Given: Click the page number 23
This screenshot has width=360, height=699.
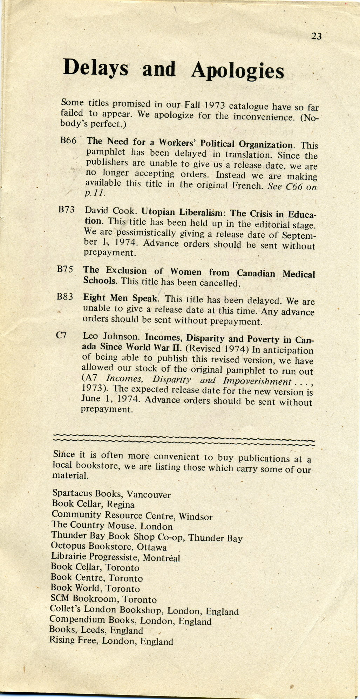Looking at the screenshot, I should (x=316, y=36).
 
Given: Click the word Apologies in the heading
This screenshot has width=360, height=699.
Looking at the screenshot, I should (x=237, y=70).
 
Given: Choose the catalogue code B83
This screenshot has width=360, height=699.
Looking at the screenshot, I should (x=64, y=297).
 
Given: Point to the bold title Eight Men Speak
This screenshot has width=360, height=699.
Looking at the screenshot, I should (x=121, y=298).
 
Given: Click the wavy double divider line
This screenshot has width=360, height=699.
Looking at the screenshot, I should (x=184, y=439).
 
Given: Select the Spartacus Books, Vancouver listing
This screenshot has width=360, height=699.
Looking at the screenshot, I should (x=111, y=494).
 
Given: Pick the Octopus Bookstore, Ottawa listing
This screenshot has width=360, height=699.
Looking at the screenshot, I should (x=108, y=546).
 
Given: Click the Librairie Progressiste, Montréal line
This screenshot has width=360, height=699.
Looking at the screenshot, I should (x=115, y=557).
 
